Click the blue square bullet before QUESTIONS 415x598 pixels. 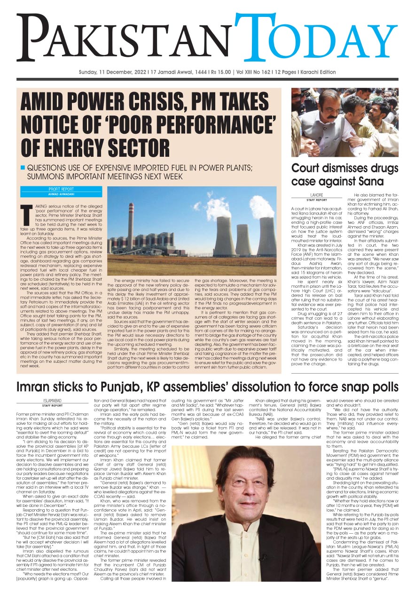coord(22,168)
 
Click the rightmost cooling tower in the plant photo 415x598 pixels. coord(266,236)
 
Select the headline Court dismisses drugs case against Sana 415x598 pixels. coord(337,175)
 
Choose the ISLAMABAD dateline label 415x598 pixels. coord(53,400)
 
